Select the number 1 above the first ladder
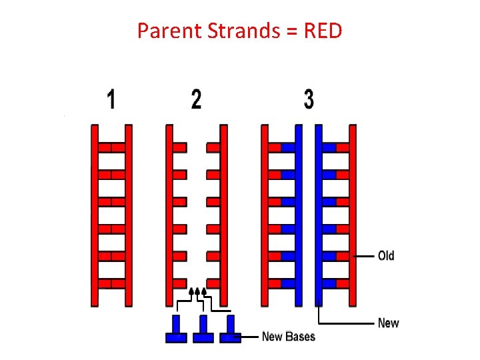pos(111,100)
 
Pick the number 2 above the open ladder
pos(196,100)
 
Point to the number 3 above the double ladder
pos(309,100)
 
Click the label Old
pos(386,256)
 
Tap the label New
pos(388,323)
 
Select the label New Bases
pos(288,336)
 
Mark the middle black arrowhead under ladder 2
pos(197,291)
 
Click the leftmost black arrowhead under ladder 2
pos(191,291)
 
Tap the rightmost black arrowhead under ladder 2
pos(204,291)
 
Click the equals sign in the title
pos(292,31)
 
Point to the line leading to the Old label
pos(364,256)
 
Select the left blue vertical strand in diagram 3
pos(298,213)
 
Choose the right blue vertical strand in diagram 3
pos(318,213)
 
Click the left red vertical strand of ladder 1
pos(95,213)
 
